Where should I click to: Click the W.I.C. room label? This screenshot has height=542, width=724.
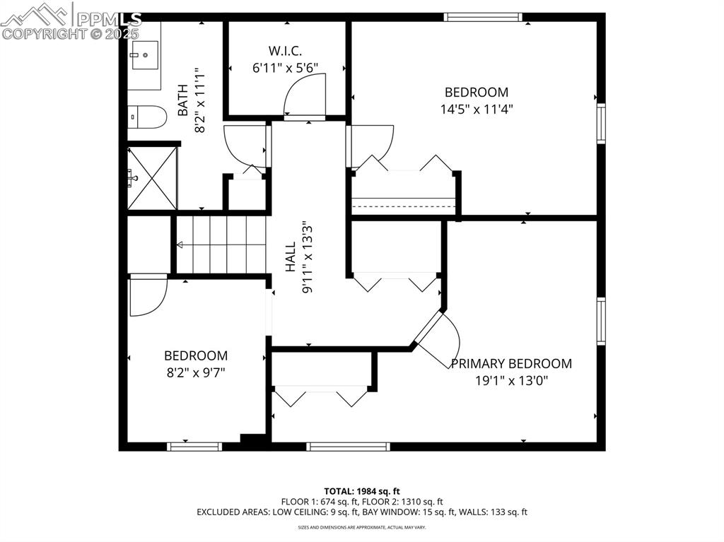286,51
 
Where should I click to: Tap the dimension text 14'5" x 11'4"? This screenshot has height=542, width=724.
476,109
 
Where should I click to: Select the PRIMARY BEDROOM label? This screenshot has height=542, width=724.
511,364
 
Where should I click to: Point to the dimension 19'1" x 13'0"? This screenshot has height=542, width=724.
511,381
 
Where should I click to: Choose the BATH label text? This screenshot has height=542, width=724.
182,100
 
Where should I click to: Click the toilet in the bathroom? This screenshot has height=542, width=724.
146,117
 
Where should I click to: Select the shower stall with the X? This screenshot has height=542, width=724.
151,178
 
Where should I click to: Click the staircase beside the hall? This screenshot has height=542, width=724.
219,245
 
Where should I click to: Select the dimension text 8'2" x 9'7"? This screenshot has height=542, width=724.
196,372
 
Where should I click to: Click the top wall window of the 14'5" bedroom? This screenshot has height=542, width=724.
482,17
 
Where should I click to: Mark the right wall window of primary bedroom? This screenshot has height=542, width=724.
601,321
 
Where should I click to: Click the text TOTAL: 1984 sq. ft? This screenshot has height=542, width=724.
362,490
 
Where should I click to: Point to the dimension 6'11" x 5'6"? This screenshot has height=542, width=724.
286,68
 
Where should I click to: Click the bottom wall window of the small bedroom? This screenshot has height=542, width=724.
194,446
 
